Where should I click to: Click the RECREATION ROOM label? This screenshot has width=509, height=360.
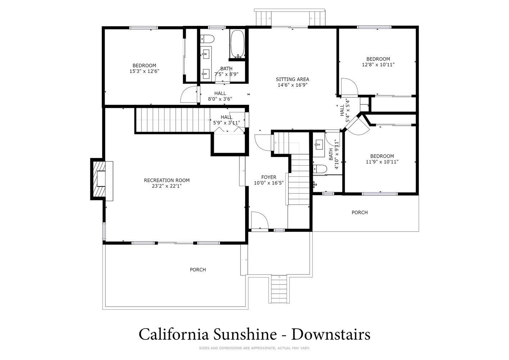click(167, 180)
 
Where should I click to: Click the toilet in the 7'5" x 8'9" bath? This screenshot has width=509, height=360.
click(207, 39)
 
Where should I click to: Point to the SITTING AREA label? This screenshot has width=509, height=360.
click(292, 79)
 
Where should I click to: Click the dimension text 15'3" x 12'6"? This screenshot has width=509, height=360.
click(144, 71)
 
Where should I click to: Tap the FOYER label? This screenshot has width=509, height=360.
click(269, 177)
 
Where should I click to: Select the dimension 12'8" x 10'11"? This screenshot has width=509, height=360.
click(378, 64)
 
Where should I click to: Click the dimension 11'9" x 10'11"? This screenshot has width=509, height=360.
click(382, 162)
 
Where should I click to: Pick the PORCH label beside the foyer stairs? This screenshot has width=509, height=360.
click(360, 212)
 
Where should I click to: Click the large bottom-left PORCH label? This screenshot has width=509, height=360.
click(198, 270)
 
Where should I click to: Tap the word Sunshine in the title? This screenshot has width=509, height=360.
click(245, 334)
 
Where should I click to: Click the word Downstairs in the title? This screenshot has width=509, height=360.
click(330, 334)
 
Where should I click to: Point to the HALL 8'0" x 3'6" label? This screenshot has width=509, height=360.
click(220, 96)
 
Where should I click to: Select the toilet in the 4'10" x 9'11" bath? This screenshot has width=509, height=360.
click(320, 169)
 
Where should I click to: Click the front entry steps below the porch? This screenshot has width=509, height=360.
click(279, 289)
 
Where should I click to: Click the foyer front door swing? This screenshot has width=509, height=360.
click(260, 220)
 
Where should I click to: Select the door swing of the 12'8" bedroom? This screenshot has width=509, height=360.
click(350, 86)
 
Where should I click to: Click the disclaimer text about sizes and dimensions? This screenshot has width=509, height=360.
click(254, 348)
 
